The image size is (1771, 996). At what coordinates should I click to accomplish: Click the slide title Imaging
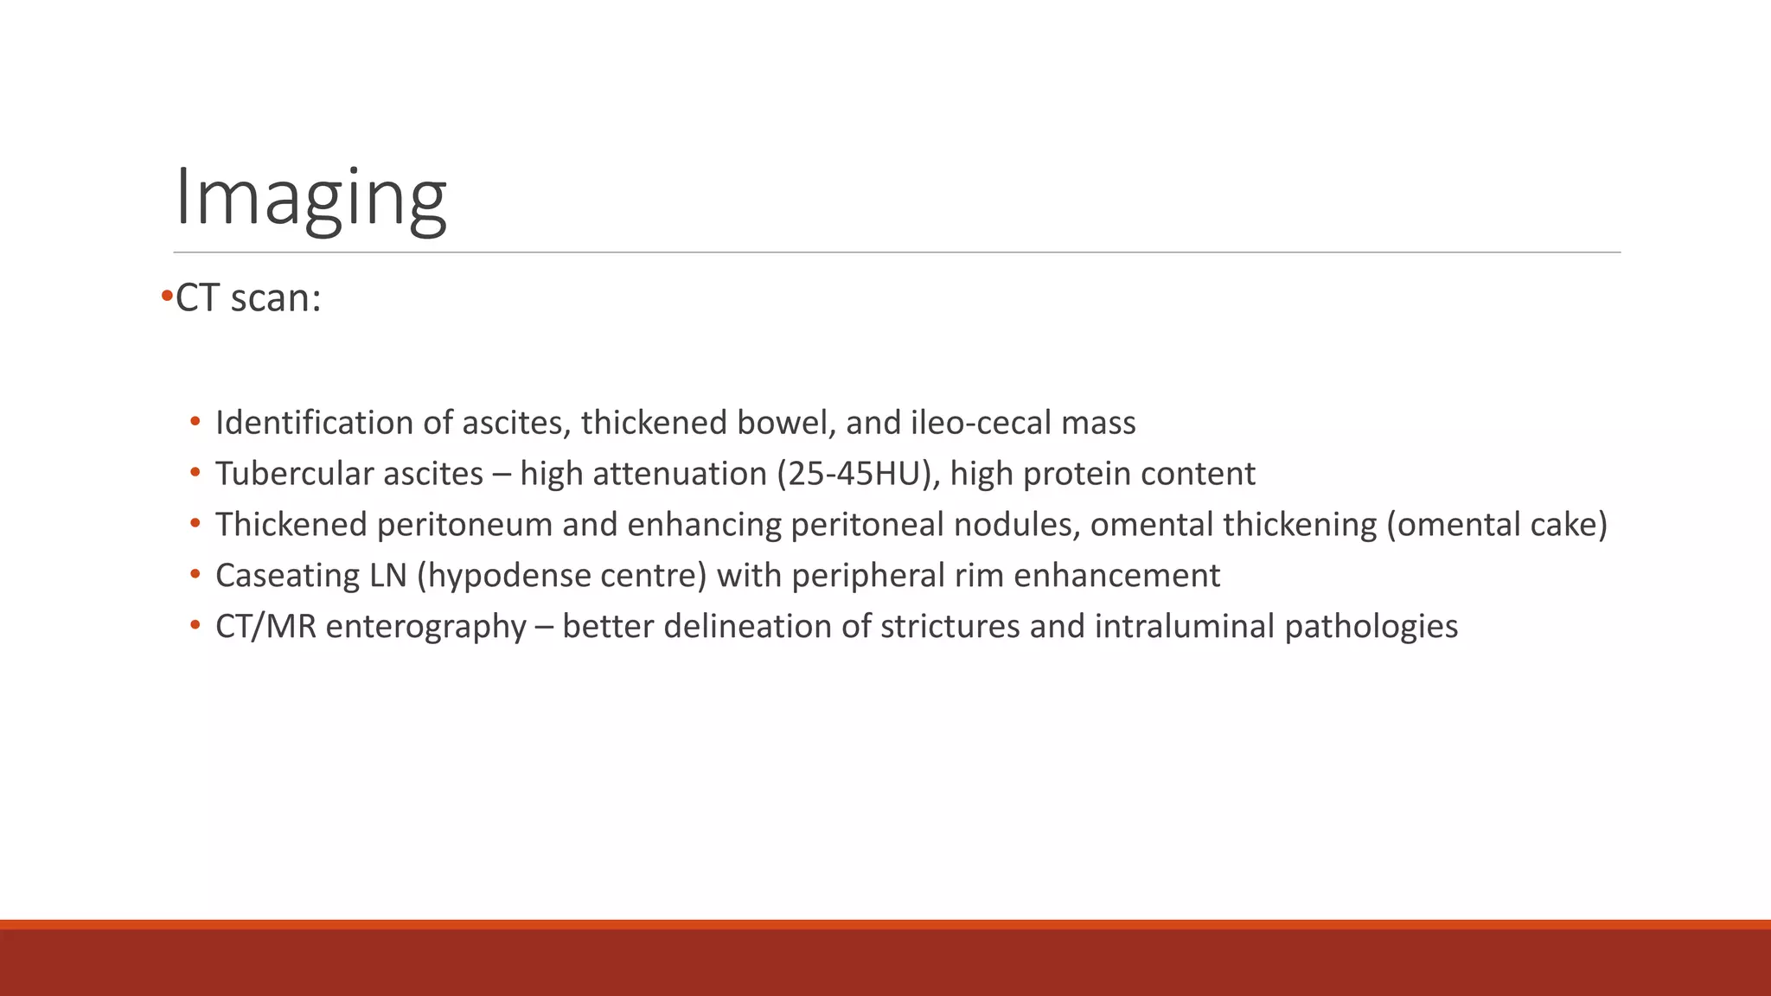click(310, 198)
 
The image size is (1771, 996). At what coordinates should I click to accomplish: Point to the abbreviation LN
click(388, 576)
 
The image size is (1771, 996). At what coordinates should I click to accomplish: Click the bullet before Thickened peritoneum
click(195, 525)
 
